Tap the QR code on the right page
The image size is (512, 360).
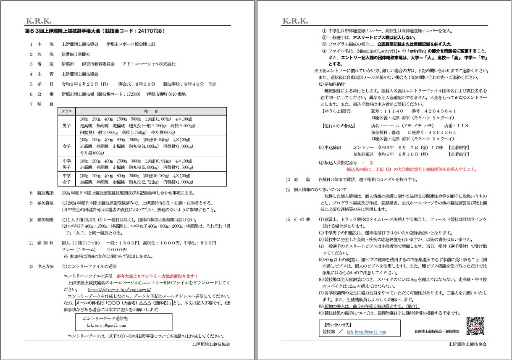pyautogui.click(x=476, y=326)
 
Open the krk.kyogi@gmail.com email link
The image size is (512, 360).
pyautogui.click(x=366, y=332)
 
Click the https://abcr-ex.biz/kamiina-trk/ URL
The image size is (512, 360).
pyautogui.click(x=119, y=290)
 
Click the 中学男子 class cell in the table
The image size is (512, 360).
pyautogui.click(x=67, y=164)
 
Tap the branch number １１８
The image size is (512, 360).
pyautogui.click(x=462, y=126)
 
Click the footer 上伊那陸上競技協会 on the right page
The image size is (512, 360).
pyautogui.click(x=467, y=344)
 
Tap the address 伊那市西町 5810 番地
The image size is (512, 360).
pyautogui.click(x=166, y=94)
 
